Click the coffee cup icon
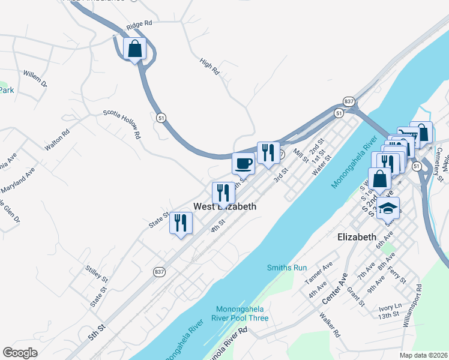coord(243,163)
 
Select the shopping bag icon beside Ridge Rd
coord(135,49)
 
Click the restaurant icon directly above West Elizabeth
coord(223,193)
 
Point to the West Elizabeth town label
coord(224,206)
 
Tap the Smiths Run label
coord(287,268)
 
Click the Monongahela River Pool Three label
coord(240,314)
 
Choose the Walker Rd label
coord(330,325)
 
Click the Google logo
coord(20,353)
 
